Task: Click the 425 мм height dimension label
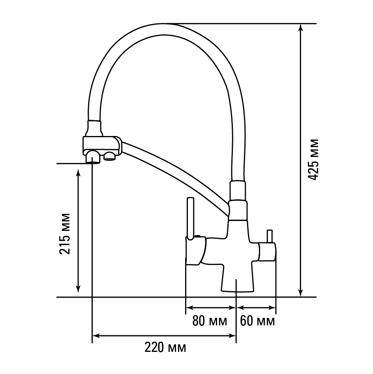point(313,160)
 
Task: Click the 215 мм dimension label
point(65,234)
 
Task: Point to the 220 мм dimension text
point(165,348)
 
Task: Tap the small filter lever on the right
point(270,236)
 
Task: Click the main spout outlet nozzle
point(93,157)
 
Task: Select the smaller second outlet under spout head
point(109,156)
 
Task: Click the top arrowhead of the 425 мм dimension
point(301,28)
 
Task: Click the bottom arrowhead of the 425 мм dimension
point(301,293)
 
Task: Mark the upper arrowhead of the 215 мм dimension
point(78,173)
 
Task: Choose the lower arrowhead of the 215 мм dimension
point(78,288)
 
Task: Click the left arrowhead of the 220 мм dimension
point(96,336)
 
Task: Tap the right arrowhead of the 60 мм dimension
point(272,308)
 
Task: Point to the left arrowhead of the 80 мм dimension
point(189,308)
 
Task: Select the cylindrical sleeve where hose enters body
point(238,191)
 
